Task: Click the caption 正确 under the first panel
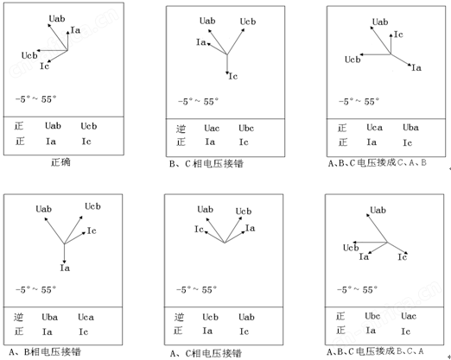[60, 162]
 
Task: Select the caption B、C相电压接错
[206, 164]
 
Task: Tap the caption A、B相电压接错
[45, 351]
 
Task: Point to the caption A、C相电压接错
[206, 353]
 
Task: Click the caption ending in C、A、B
[378, 163]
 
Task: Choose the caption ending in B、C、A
[376, 351]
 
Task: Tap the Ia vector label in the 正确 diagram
[75, 30]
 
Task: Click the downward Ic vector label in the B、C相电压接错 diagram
[233, 76]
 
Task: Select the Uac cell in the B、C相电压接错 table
[212, 128]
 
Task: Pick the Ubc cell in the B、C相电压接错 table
[246, 128]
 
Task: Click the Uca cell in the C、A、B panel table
[374, 128]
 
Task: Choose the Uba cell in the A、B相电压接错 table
[49, 317]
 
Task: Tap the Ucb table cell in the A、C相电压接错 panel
[210, 317]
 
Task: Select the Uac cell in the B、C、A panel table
[409, 316]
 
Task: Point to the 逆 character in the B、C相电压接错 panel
[181, 129]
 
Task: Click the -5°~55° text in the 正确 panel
[36, 99]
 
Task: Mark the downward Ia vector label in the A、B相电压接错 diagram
[65, 268]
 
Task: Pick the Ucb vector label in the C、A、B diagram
[353, 60]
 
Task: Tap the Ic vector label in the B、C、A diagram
[403, 256]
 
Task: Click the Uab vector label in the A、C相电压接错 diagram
[205, 209]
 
